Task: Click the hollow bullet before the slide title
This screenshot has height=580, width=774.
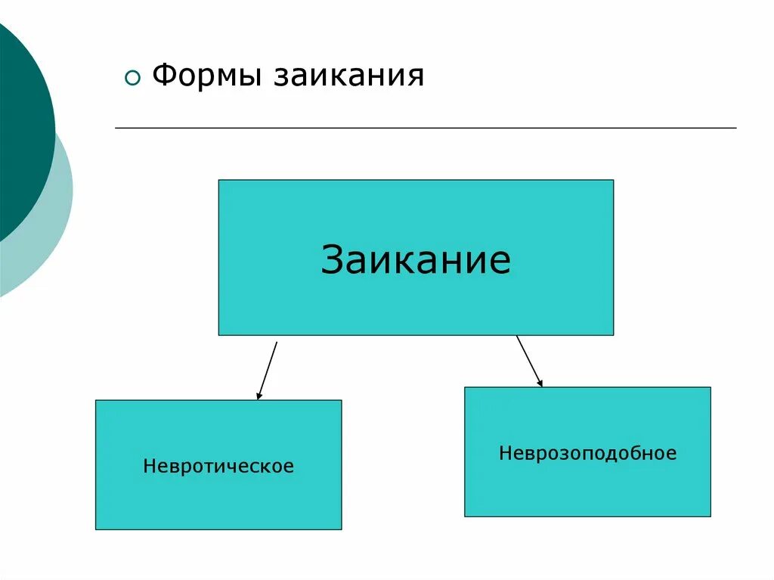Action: [x=133, y=79]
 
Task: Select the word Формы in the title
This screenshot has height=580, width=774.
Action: [x=206, y=76]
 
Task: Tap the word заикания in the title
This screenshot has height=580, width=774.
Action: [x=348, y=76]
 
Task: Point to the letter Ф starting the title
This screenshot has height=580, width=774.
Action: [x=163, y=76]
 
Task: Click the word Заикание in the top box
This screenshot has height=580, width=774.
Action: [x=416, y=259]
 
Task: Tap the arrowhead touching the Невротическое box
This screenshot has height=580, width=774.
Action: [x=259, y=395]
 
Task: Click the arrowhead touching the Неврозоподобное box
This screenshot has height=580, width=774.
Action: [x=540, y=383]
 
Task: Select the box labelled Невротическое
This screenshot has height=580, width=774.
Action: [x=218, y=499]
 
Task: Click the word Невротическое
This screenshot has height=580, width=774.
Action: [x=218, y=466]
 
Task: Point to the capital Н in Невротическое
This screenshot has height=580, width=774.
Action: [x=149, y=466]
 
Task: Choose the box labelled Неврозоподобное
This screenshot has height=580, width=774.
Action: [x=587, y=484]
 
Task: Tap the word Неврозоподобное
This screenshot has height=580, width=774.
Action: [x=587, y=454]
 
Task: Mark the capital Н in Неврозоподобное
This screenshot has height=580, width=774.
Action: [x=504, y=454]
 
